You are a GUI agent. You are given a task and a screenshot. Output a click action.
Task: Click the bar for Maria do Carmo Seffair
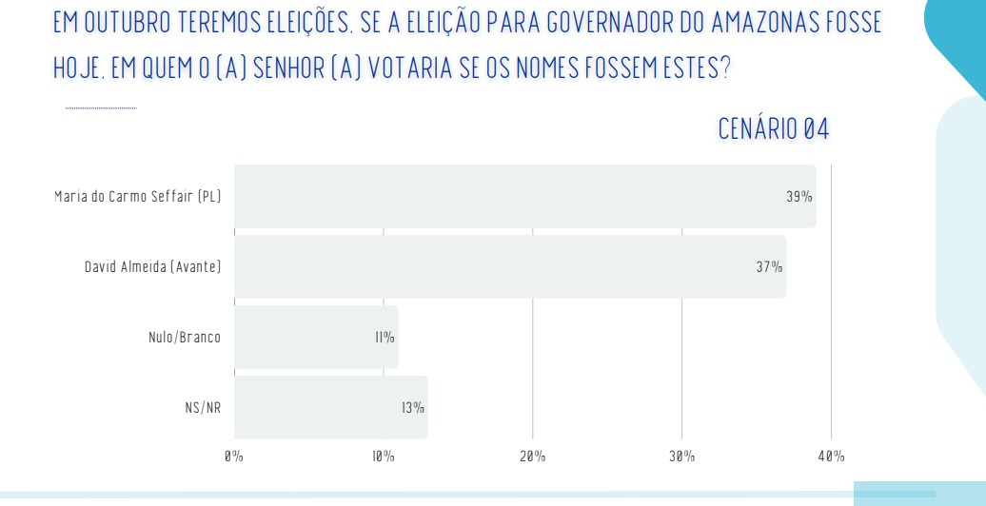pyautogui.click(x=524, y=196)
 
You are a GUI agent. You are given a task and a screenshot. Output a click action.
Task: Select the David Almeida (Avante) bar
pyautogui.click(x=510, y=266)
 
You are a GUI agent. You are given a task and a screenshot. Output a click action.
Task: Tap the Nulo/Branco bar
pyautogui.click(x=316, y=337)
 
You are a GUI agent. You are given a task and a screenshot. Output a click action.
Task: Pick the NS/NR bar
pyautogui.click(x=331, y=407)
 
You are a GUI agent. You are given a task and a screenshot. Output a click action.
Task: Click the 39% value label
pyautogui.click(x=799, y=197)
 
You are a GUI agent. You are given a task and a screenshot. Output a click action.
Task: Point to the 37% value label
pyautogui.click(x=769, y=267)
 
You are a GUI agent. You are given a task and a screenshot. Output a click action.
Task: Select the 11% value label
pyautogui.click(x=384, y=338)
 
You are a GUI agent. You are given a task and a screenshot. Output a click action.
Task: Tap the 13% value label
pyautogui.click(x=412, y=408)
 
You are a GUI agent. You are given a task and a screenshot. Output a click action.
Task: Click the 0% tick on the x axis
pyautogui.click(x=234, y=457)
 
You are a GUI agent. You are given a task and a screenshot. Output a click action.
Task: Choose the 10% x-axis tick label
pyautogui.click(x=383, y=457)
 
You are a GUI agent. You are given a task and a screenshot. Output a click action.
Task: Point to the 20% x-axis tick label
pyautogui.click(x=532, y=457)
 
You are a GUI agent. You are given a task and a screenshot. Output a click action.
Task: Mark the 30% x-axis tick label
pyautogui.click(x=681, y=457)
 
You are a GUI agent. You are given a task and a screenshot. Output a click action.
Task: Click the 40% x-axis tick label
pyautogui.click(x=831, y=457)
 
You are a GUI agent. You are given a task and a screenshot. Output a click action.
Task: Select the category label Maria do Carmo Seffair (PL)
pyautogui.click(x=138, y=197)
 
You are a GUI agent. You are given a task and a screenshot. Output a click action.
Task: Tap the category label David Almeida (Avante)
pyautogui.click(x=152, y=267)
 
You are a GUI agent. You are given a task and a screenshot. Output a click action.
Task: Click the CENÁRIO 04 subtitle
pyautogui.click(x=773, y=131)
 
